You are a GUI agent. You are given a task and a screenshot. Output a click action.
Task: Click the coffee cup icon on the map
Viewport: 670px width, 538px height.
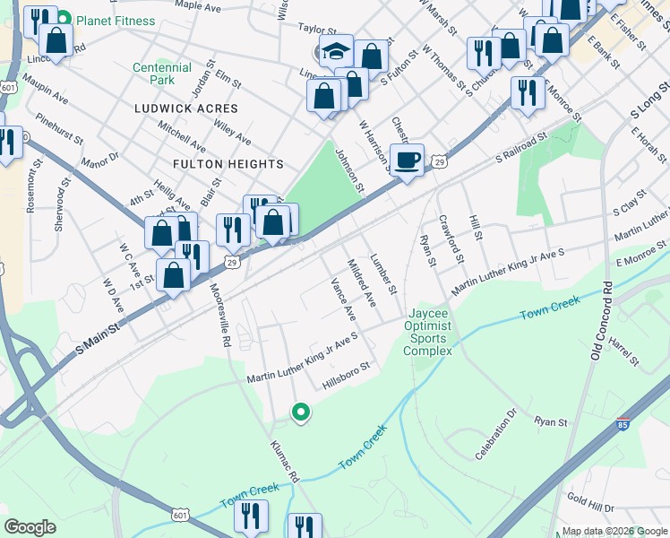[408, 160]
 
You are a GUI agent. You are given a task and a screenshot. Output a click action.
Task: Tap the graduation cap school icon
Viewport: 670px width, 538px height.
[337, 51]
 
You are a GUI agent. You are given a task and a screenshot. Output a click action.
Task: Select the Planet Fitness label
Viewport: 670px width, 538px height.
[115, 21]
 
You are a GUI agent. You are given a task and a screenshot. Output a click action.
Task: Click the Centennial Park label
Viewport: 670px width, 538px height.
[162, 74]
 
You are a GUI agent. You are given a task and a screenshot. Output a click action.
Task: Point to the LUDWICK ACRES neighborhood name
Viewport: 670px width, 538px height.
[186, 108]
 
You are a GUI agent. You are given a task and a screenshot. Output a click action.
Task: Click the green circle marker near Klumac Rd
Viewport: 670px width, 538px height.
[302, 412]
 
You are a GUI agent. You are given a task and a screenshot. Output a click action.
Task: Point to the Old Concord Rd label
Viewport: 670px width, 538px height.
[599, 321]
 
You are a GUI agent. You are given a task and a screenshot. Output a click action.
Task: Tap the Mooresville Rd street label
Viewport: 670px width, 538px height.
[220, 315]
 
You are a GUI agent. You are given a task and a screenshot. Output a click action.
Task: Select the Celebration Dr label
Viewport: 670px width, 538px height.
[497, 436]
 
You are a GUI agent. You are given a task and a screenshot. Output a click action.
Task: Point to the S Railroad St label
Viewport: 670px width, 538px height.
[521, 149]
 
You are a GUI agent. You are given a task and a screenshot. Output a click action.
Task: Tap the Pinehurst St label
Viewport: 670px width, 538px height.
[60, 129]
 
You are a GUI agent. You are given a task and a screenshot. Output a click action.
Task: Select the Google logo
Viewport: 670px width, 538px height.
[30, 527]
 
